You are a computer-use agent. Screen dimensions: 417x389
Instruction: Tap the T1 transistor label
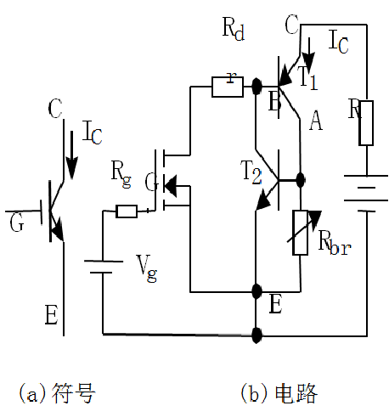(307, 76)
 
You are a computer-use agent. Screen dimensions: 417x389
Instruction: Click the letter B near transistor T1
(274, 103)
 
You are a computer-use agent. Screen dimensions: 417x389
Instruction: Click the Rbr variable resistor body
(300, 233)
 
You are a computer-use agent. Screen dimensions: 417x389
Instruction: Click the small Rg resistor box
(127, 211)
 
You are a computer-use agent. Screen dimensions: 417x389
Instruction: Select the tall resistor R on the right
(365, 122)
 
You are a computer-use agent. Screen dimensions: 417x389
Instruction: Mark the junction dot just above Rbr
(300, 180)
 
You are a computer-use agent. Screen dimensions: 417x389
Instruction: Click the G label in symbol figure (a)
(16, 223)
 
